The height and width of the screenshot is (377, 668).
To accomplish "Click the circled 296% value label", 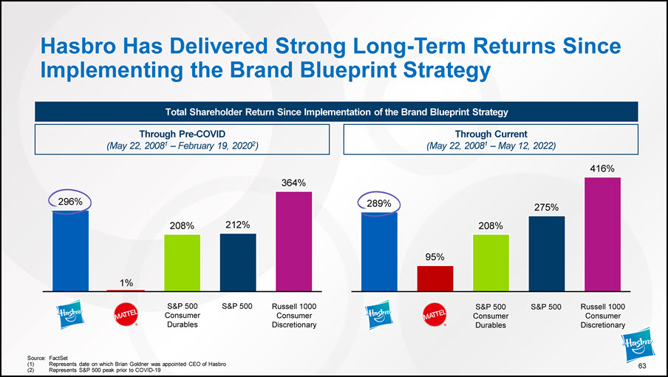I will pos(70,200).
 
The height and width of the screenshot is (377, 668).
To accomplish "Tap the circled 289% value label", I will pos(379,202).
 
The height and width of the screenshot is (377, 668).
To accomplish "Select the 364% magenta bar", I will pos(293,241).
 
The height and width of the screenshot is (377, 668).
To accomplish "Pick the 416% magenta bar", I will pos(602,234).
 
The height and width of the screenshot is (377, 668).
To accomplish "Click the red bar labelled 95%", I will pos(435,278).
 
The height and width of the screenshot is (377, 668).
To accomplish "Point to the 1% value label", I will pos(126,282).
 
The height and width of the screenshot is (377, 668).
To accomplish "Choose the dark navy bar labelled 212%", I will pos(238,262).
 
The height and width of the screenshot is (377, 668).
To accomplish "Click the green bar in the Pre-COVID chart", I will pos(183,262).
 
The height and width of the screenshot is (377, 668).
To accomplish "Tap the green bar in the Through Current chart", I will pos(491,262).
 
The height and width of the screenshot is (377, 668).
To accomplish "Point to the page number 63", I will pos(642,367).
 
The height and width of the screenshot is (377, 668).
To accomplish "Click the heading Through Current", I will pos(491,134).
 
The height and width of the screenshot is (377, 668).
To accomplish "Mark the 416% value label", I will pos(602,169).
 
